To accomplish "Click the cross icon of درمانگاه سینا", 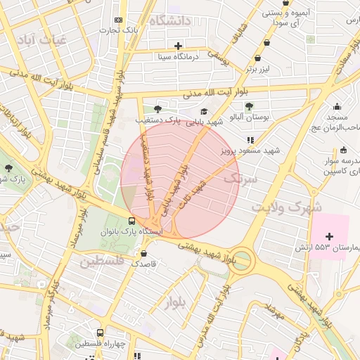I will point(179,46).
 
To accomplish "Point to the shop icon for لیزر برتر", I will point(266,59).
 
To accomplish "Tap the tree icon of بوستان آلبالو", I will point(249,106).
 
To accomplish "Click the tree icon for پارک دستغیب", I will point(157,109).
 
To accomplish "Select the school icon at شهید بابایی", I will point(204,111).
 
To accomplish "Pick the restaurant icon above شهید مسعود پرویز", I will point(250,141).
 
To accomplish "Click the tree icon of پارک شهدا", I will point(8,168).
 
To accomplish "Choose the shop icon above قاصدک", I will point(144,254).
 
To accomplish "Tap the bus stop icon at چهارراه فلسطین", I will point(100,333).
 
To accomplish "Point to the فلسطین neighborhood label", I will point(101,262).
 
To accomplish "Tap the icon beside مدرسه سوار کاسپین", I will point(343,150).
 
